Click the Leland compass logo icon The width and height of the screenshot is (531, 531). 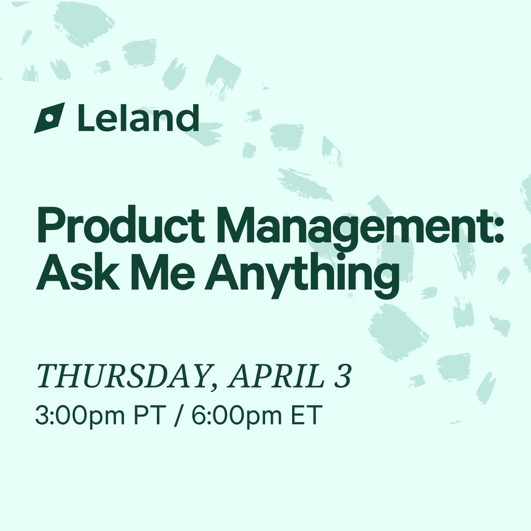pyautogui.click(x=50, y=118)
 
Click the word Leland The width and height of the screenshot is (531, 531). pyautogui.click(x=138, y=118)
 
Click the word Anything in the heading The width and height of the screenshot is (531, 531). pyautogui.click(x=302, y=276)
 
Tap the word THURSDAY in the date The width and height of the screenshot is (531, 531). pyautogui.click(x=122, y=376)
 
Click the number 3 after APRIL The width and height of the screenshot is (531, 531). pyautogui.click(x=343, y=376)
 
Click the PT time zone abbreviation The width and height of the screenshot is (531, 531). pyautogui.click(x=148, y=415)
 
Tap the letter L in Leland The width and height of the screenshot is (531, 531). pyautogui.click(x=87, y=118)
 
